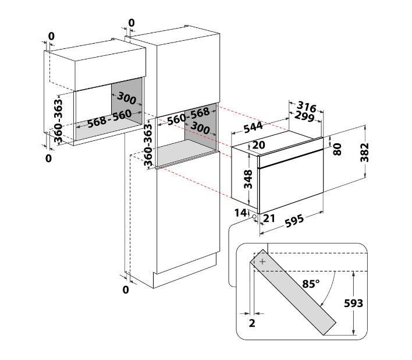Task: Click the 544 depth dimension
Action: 253,127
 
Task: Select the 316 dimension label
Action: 306,107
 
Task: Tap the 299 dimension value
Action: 304,117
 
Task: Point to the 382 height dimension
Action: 365,153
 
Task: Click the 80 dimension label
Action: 337,149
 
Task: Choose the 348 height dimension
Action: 248,179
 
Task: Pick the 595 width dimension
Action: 294,221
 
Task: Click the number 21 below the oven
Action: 269,218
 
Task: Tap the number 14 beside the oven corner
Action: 241,213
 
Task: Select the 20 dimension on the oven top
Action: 258,145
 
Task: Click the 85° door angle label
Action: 311,284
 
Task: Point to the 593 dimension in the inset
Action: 353,303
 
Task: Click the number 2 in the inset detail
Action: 252,323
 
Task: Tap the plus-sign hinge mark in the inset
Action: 262,262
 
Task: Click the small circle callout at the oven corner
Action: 254,217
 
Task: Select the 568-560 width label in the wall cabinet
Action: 109,119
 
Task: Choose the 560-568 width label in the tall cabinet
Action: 189,117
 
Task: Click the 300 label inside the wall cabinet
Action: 126,98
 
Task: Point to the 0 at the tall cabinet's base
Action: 126,290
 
